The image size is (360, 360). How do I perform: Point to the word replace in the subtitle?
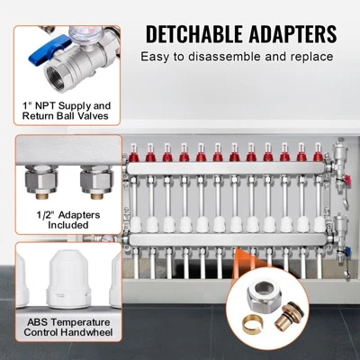click(x=309, y=58)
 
